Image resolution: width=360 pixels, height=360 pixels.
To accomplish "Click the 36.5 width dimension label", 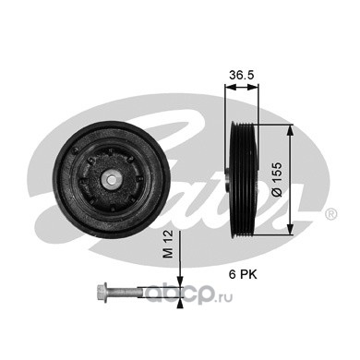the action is point(242,75).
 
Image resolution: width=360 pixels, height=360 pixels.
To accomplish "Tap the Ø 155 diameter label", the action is point(277,179).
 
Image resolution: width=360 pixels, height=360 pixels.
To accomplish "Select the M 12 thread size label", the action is point(168,244).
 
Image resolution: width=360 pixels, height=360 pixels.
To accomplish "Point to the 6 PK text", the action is point(243,274).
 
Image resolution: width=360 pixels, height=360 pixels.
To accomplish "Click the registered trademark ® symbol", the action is point(330,215).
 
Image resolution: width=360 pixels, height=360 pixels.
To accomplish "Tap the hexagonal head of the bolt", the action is point(102,292).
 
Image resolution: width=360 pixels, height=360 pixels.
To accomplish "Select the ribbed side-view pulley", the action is point(244,180).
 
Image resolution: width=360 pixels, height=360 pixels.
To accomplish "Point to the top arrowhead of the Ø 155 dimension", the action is point(290,129).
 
